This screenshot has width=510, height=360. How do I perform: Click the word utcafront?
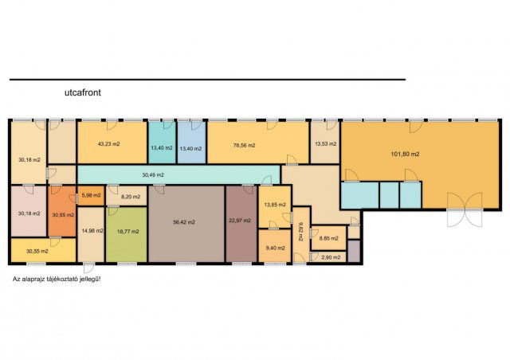(x=83, y=92)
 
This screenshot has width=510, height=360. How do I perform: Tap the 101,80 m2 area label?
(x=405, y=155)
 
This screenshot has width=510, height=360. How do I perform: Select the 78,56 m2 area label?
(x=245, y=146)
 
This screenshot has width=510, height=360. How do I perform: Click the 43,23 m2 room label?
(x=108, y=143)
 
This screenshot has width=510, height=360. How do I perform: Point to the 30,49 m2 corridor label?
(x=153, y=175)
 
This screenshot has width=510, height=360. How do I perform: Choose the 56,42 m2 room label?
(x=184, y=222)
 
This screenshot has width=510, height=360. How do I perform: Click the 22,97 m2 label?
(x=240, y=221)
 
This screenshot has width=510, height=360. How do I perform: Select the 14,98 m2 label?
(x=92, y=231)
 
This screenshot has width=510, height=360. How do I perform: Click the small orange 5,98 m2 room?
(x=91, y=196)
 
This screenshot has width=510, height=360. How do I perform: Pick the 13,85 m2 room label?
(x=275, y=205)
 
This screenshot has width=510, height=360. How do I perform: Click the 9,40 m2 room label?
(x=276, y=248)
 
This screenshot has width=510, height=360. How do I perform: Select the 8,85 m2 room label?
(x=328, y=238)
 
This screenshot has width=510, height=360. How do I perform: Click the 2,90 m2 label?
(x=331, y=257)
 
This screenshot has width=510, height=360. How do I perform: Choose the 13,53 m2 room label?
(x=326, y=143)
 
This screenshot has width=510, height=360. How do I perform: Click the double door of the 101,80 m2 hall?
(x=465, y=209)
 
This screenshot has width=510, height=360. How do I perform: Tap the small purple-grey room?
(x=354, y=251)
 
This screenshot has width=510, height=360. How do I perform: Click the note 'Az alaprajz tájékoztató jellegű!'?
(x=57, y=279)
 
